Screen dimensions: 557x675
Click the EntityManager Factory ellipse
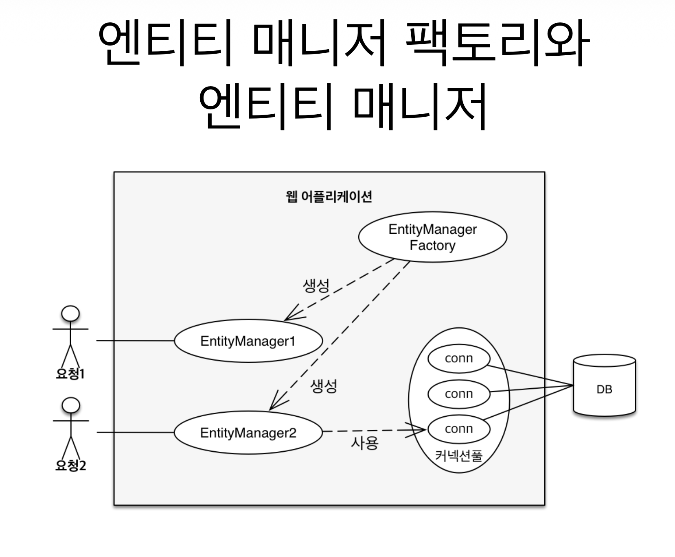(432, 237)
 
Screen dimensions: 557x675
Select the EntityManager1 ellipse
(248, 341)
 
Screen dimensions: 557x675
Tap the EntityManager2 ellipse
(248, 433)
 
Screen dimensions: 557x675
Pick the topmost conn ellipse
(459, 358)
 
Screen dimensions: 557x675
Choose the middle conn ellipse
(459, 394)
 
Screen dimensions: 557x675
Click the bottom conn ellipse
(459, 429)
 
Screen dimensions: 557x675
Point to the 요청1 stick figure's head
(70, 313)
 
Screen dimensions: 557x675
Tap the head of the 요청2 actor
(70, 405)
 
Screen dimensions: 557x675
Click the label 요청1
(70, 374)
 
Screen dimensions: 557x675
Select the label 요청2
(70, 465)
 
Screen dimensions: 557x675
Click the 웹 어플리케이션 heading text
(329, 197)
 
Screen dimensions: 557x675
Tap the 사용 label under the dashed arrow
(364, 443)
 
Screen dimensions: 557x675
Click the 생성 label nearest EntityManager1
(316, 285)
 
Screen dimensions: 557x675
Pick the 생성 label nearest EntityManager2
(324, 386)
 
